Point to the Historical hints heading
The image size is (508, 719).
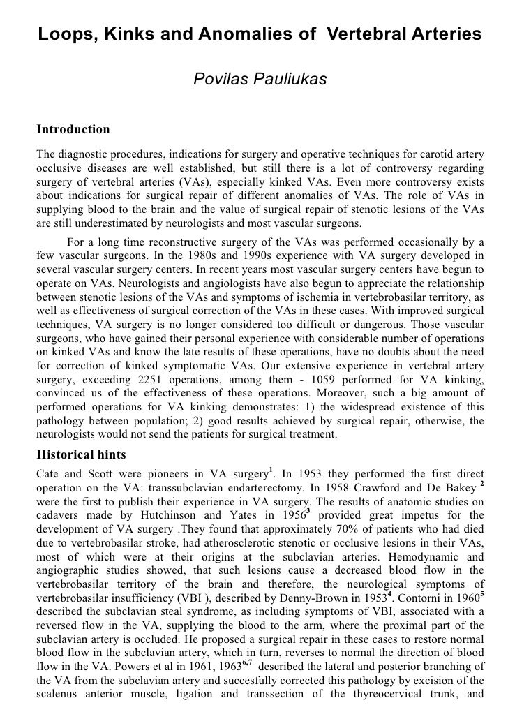[x=81, y=455]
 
